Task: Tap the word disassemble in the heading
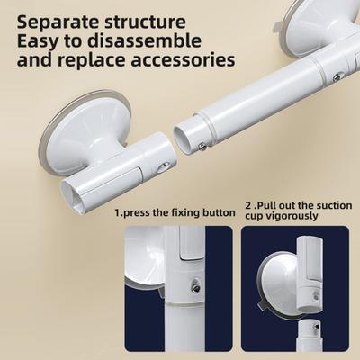144,40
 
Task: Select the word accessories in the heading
183,60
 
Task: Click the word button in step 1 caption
219,212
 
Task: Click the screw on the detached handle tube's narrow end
202,146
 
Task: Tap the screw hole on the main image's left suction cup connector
163,166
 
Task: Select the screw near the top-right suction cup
337,78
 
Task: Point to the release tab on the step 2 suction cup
262,304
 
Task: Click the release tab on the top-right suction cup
278,26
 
